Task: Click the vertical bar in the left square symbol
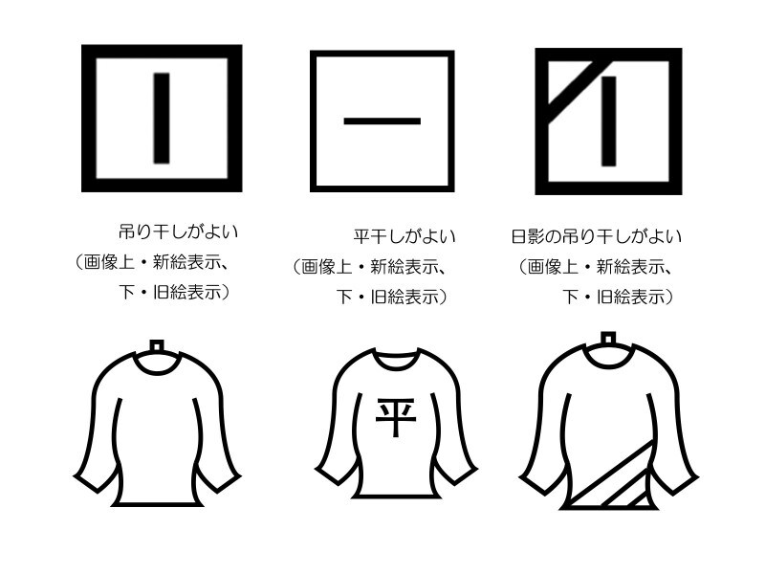point(162,118)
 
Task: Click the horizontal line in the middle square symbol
point(382,121)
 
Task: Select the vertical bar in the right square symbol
point(608,121)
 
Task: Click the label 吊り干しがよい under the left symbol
point(178,232)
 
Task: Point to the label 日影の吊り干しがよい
point(597,235)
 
